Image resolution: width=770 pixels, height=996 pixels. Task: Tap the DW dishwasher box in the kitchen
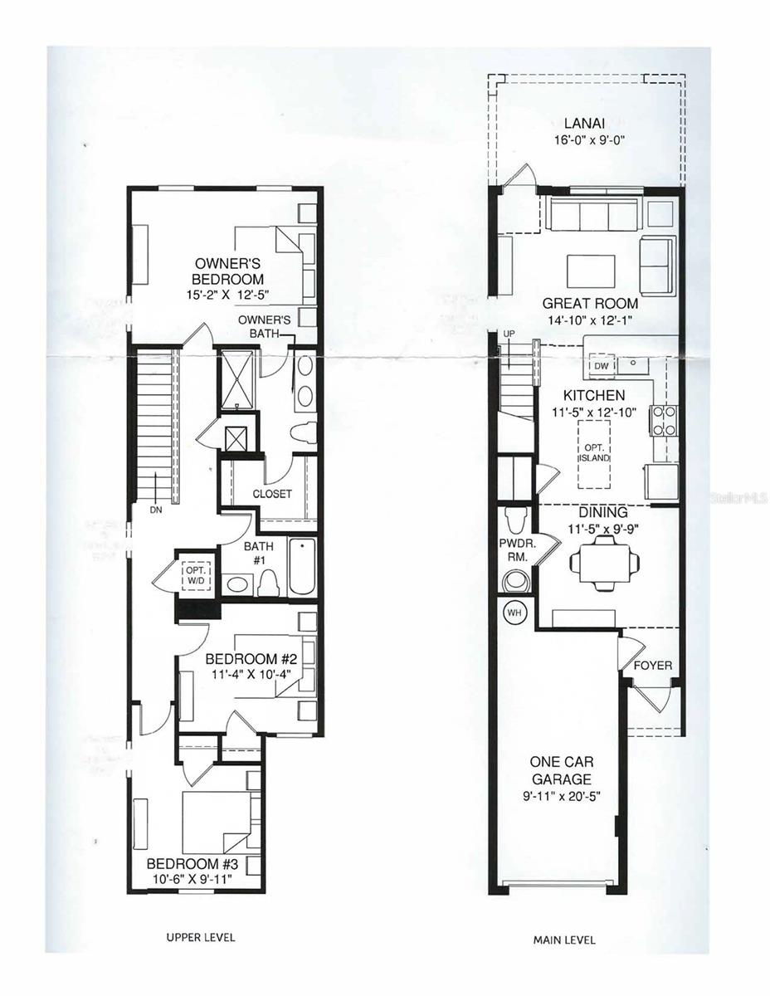point(602,366)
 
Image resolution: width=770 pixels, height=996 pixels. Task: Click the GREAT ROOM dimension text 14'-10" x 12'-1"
point(590,320)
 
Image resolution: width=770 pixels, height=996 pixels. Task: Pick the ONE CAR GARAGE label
point(563,771)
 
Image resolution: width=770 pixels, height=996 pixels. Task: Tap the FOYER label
point(653,666)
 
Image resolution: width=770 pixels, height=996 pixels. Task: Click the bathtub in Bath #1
point(301,567)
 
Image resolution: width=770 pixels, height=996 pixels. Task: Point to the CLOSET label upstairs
point(272,494)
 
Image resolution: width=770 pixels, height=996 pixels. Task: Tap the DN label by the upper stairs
point(155,510)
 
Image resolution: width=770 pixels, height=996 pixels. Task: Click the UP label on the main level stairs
point(509,334)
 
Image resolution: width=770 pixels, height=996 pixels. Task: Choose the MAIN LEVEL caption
point(563,940)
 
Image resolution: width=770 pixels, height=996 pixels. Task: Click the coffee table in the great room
point(591,271)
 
